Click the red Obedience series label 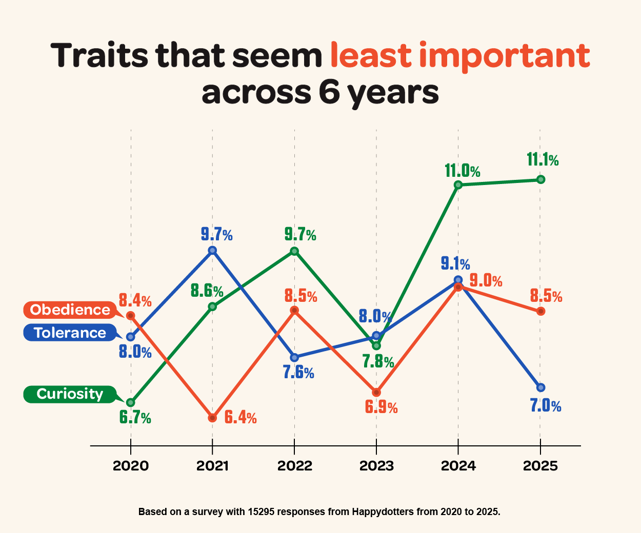coord(70,310)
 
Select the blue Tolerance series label coord(70,333)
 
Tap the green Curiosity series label coord(70,394)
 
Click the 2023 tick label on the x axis coord(376,466)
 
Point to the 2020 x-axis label coord(131,466)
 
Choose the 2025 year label coord(540,466)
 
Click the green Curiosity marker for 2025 coord(540,179)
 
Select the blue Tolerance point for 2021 coord(212,250)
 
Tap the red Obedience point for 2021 coord(212,418)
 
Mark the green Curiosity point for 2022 coord(294,251)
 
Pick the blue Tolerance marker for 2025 coord(540,387)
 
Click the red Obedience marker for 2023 coord(376,392)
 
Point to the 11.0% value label coord(462,171)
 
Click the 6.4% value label coord(241,418)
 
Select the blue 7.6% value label coord(298,373)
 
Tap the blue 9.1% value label coord(455,264)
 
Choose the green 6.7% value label coord(135,418)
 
